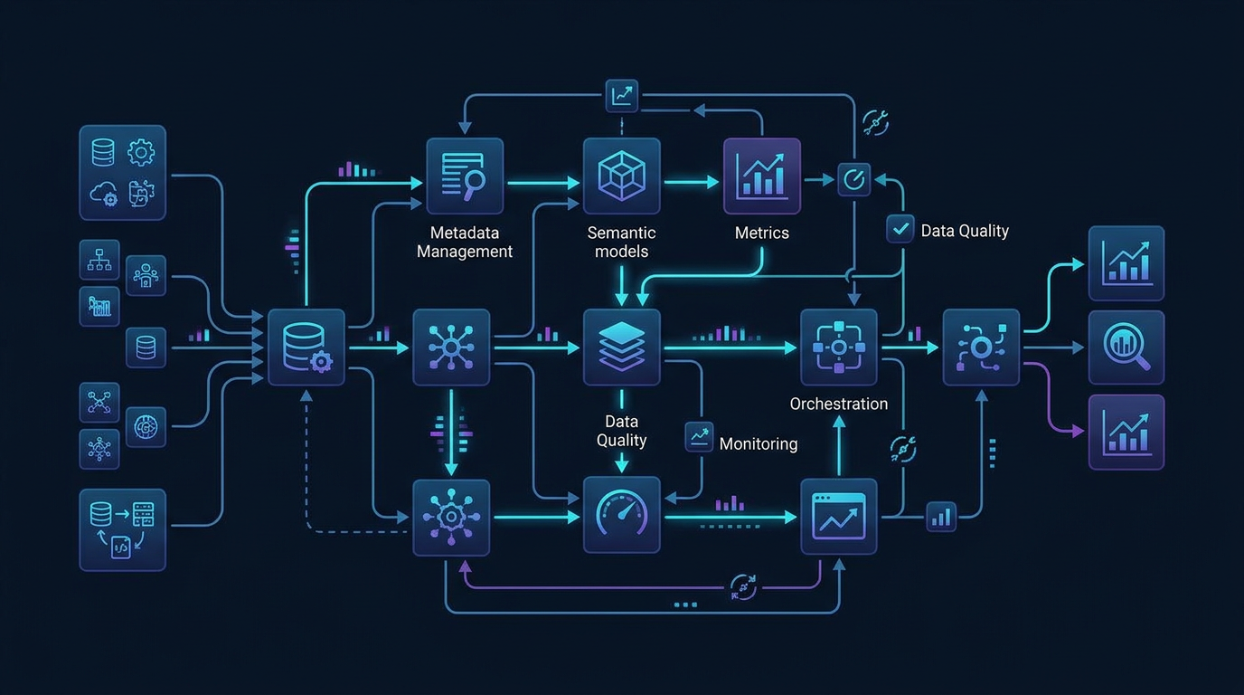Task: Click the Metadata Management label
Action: pyautogui.click(x=464, y=242)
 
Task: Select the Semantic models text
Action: pyautogui.click(x=621, y=242)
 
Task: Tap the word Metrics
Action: pyautogui.click(x=761, y=233)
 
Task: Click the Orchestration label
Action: pyautogui.click(x=838, y=404)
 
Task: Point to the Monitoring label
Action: pyautogui.click(x=758, y=443)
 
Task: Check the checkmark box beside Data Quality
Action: pyautogui.click(x=900, y=229)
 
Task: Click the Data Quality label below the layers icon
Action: pyautogui.click(x=621, y=431)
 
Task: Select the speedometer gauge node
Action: pyautogui.click(x=621, y=516)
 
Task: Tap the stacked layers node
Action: pyautogui.click(x=621, y=347)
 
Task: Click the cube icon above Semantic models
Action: pyautogui.click(x=621, y=176)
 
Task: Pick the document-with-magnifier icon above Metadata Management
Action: pyautogui.click(x=464, y=176)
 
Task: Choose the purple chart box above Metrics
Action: pyautogui.click(x=761, y=176)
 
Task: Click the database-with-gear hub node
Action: pyautogui.click(x=306, y=347)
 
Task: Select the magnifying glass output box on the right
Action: pyautogui.click(x=1126, y=347)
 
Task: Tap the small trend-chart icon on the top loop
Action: pyautogui.click(x=621, y=96)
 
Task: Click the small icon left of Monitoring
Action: pyautogui.click(x=699, y=437)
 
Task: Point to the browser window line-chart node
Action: pyautogui.click(x=838, y=516)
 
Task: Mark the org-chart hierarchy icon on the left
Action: pyautogui.click(x=99, y=260)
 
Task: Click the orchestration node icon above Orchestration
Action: pyautogui.click(x=838, y=347)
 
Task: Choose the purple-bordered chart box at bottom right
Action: pyautogui.click(x=1126, y=432)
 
